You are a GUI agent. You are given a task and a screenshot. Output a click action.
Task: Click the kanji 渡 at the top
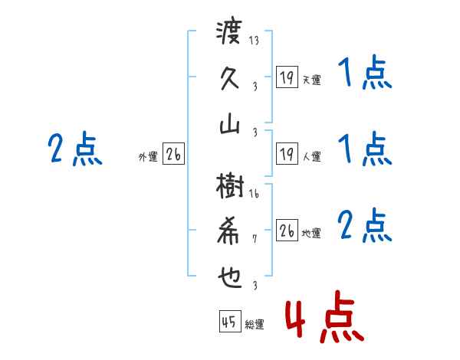pyautogui.click(x=229, y=34)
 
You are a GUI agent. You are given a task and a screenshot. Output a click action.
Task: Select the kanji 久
pyautogui.click(x=229, y=79)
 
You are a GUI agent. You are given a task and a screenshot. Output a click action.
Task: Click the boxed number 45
pyautogui.click(x=228, y=322)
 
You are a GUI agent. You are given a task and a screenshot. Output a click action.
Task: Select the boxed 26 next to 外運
pyautogui.click(x=173, y=155)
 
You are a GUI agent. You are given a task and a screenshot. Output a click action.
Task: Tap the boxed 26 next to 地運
pyautogui.click(x=287, y=231)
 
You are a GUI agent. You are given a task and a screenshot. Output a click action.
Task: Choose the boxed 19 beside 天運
pyautogui.click(x=287, y=77)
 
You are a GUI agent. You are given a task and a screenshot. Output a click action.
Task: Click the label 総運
pyautogui.click(x=254, y=325)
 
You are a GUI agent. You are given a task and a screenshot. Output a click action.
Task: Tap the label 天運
pyautogui.click(x=311, y=80)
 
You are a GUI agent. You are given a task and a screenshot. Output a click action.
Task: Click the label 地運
pyautogui.click(x=311, y=233)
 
